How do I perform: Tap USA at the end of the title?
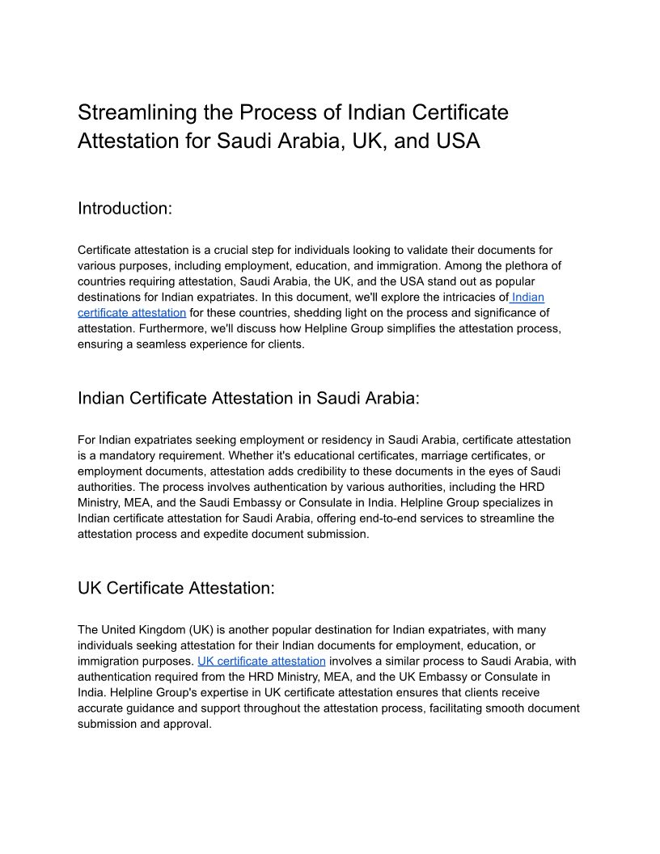457,141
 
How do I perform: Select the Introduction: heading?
125,208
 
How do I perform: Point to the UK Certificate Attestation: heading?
176,588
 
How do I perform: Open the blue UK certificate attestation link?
261,661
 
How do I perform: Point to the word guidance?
153,708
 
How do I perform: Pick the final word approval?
187,724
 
